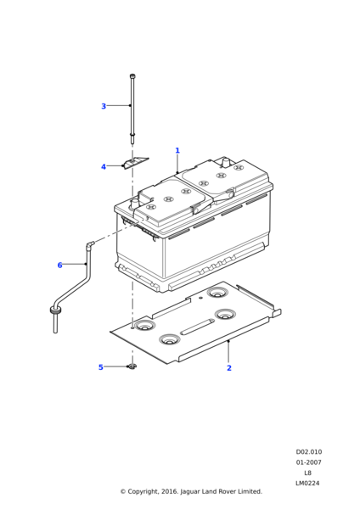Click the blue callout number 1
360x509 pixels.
pyautogui.click(x=177, y=151)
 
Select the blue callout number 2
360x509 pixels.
pyautogui.click(x=229, y=368)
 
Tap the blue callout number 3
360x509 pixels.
pyautogui.click(x=104, y=106)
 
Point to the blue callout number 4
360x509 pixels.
pyautogui.click(x=104, y=167)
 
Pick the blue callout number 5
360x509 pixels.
pyautogui.click(x=101, y=367)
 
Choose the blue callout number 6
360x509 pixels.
pyautogui.click(x=59, y=266)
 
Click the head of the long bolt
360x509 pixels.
pyautogui.click(x=132, y=76)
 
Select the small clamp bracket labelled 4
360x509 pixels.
pyautogui.click(x=136, y=162)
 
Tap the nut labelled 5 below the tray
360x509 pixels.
pyautogui.click(x=132, y=366)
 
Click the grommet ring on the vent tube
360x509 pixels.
pyautogui.click(x=55, y=310)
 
